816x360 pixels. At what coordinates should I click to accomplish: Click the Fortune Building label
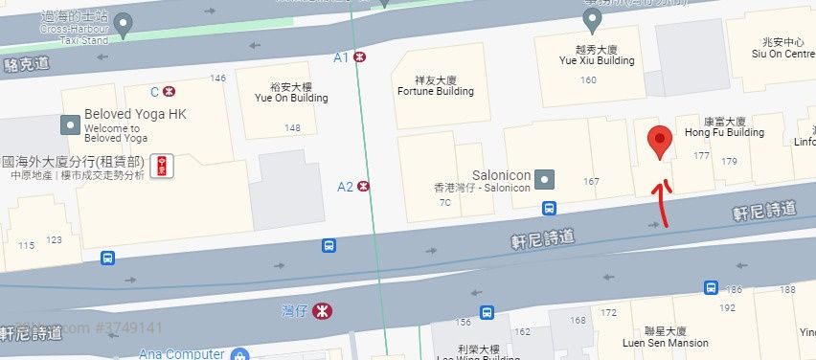(435, 86)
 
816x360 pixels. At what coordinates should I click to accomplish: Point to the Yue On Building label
(291, 92)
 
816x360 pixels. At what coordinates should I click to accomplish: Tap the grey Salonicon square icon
(545, 178)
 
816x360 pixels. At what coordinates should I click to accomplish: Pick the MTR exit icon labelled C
(169, 92)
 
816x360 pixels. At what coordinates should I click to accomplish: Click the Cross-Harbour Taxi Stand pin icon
(123, 26)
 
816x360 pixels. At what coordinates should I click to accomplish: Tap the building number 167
(590, 181)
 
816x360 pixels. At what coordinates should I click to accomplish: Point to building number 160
(588, 79)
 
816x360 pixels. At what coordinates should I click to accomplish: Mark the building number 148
(292, 127)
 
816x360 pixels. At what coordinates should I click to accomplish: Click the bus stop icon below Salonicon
(550, 208)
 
